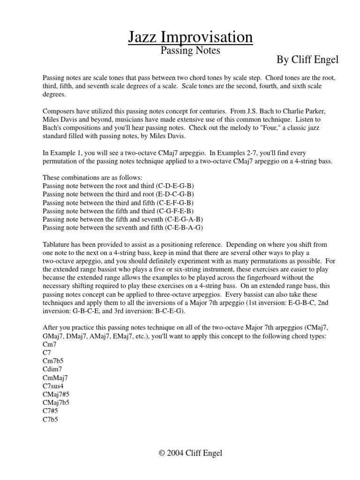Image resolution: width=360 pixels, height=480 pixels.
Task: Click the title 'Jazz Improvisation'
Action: pos(190,37)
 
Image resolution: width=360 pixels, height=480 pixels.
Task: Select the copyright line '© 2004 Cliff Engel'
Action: pos(191,453)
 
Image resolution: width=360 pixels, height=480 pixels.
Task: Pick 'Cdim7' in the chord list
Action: pos(52,369)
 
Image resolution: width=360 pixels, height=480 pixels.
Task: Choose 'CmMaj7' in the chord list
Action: pos(55,377)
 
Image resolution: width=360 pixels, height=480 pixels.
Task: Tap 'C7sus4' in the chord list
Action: pos(54,386)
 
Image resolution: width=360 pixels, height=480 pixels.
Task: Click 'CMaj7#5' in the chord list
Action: pos(56,394)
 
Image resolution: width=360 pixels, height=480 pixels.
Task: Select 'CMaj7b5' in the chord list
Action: pos(56,403)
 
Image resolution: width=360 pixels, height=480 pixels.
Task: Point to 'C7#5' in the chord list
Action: pos(51,411)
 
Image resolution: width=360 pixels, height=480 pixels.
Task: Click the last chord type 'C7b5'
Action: pos(50,420)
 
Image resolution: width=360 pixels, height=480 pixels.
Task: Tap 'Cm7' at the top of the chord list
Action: pos(49,344)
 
